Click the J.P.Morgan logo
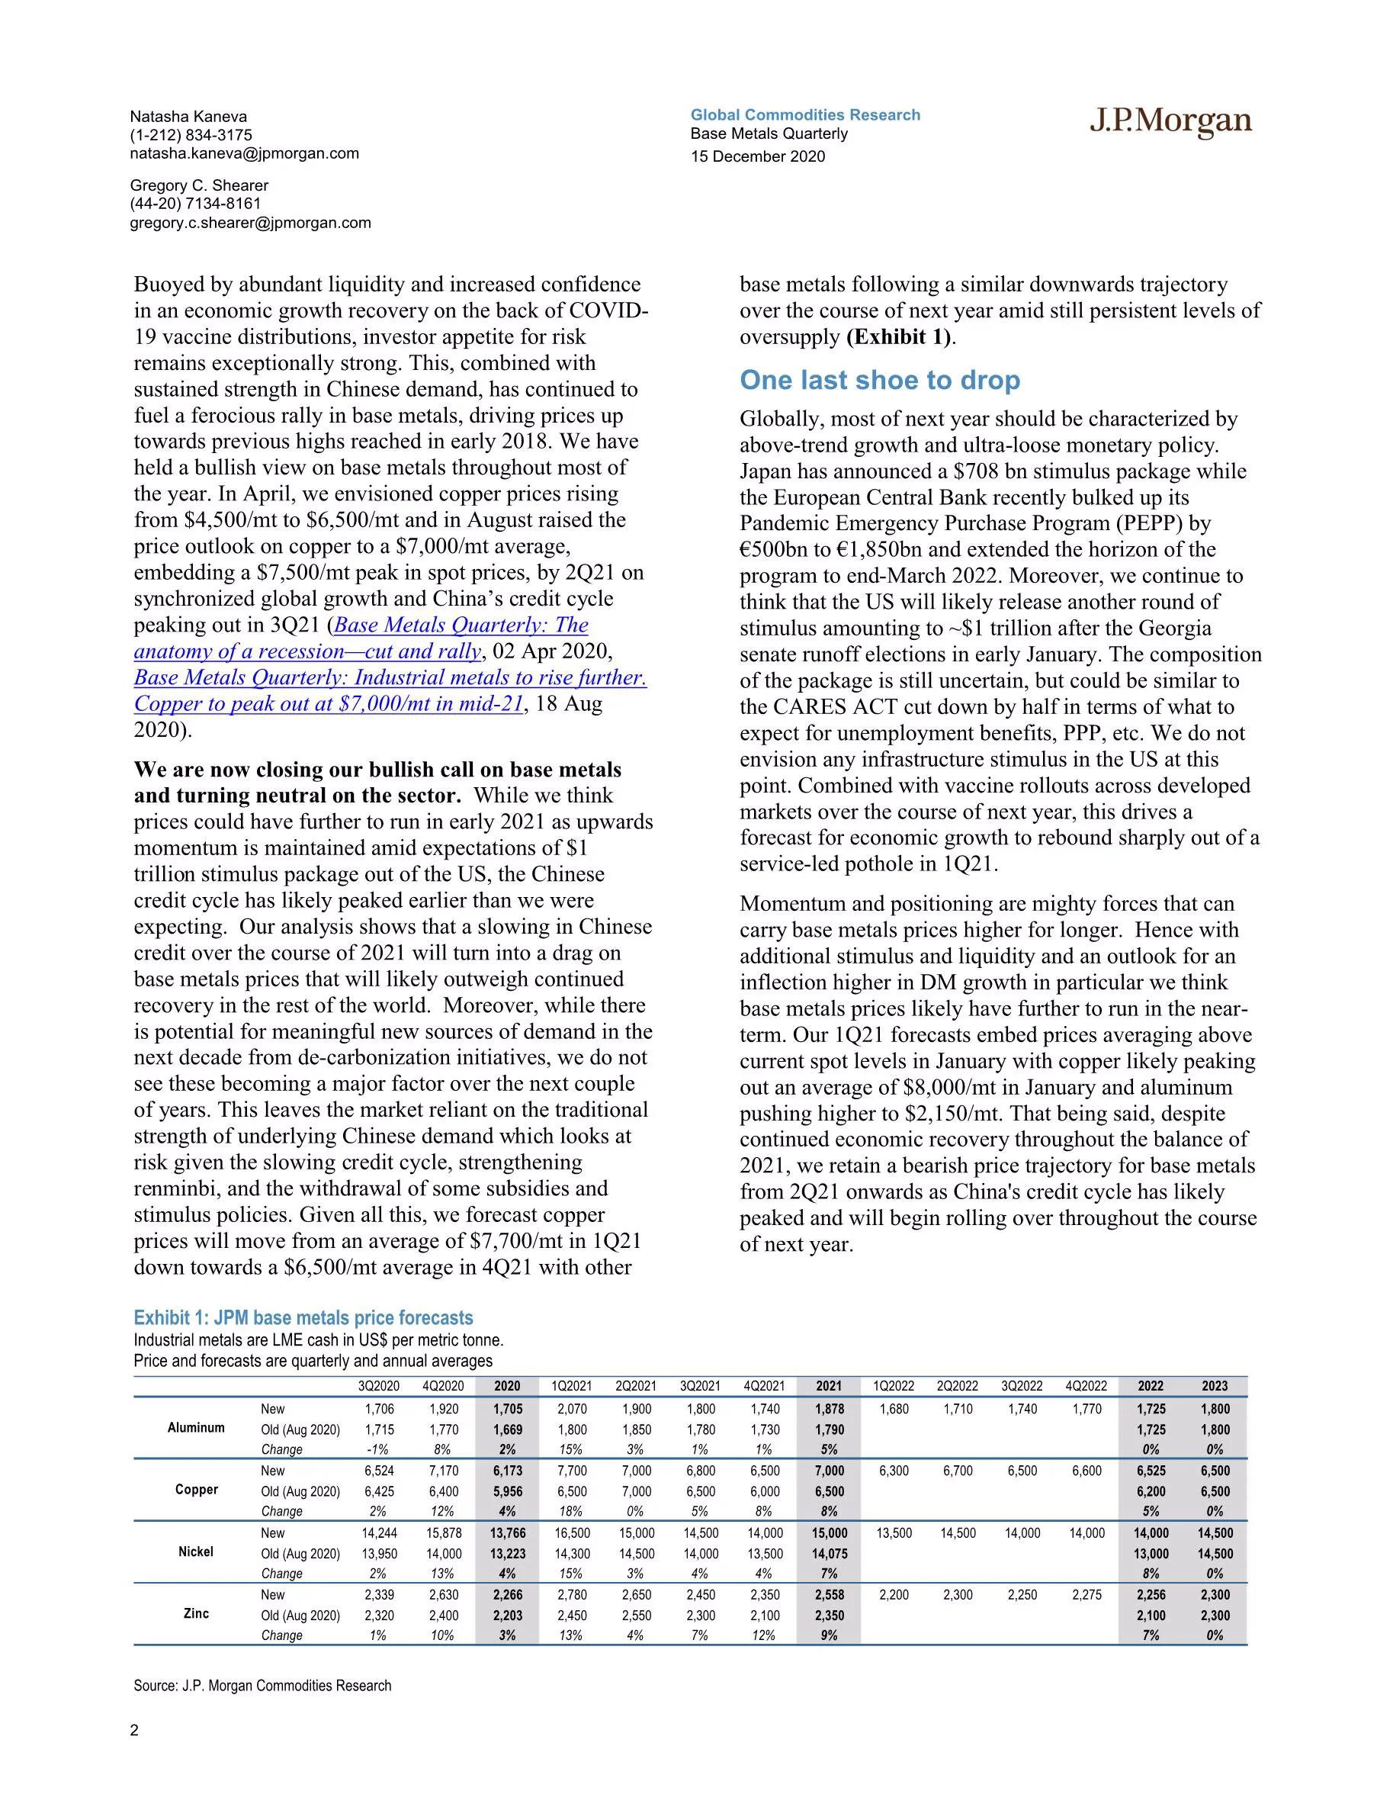pos(1170,122)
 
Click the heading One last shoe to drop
pos(879,380)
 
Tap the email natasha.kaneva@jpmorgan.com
pos(245,153)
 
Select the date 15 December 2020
pos(757,157)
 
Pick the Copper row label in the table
pos(197,1489)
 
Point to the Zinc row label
pos(197,1613)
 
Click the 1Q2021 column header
pos(570,1386)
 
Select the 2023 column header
pos(1214,1386)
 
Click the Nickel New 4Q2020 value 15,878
pos(444,1533)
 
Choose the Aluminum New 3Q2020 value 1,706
pos(379,1409)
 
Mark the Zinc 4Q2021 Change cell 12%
pos(764,1635)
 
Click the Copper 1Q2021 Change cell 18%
pos(570,1511)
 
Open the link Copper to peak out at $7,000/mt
pos(328,704)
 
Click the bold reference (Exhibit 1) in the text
pos(899,337)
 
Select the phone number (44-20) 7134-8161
pos(195,204)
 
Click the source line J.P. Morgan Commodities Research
pos(262,1686)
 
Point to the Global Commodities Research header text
pos(805,115)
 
